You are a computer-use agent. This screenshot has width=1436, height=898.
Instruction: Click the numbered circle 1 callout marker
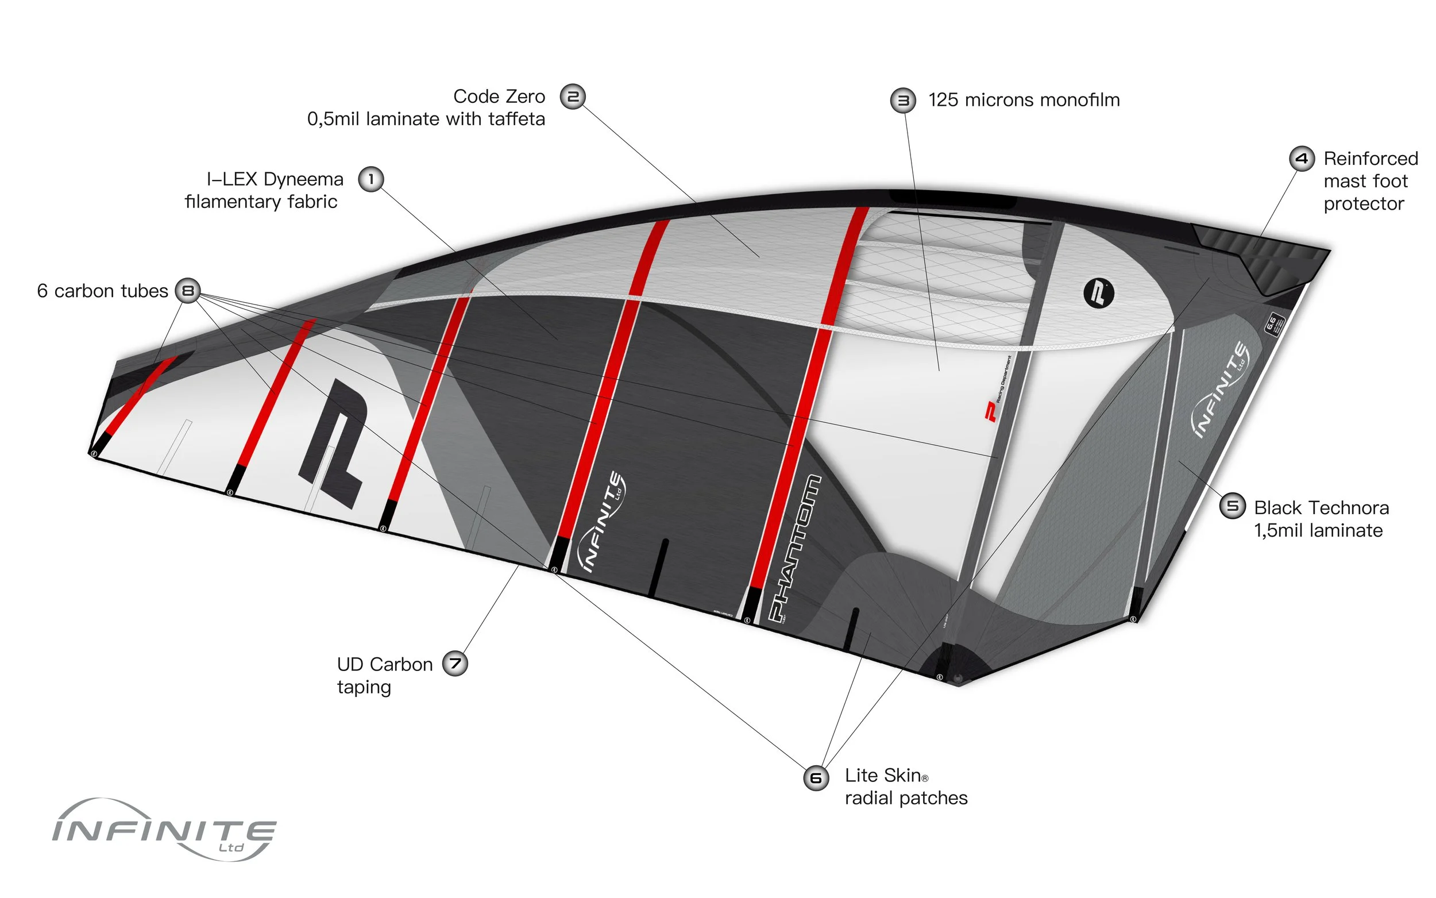[371, 179]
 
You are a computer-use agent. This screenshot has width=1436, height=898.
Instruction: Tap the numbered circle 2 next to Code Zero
[573, 96]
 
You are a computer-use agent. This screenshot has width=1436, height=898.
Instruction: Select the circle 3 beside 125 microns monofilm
[903, 101]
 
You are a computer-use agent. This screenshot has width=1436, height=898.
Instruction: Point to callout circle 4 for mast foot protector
[1302, 159]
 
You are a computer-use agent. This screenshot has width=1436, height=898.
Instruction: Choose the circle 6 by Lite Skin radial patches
[816, 777]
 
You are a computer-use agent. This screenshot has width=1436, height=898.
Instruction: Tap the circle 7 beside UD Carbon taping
[455, 664]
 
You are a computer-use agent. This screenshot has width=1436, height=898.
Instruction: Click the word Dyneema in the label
[303, 179]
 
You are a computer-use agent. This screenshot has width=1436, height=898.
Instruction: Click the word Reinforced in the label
[1371, 159]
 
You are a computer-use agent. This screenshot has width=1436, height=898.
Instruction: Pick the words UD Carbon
[385, 664]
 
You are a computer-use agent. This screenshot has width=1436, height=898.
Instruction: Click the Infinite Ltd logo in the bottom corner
[164, 830]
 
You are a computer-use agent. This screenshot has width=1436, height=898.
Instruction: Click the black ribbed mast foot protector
[1259, 256]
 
